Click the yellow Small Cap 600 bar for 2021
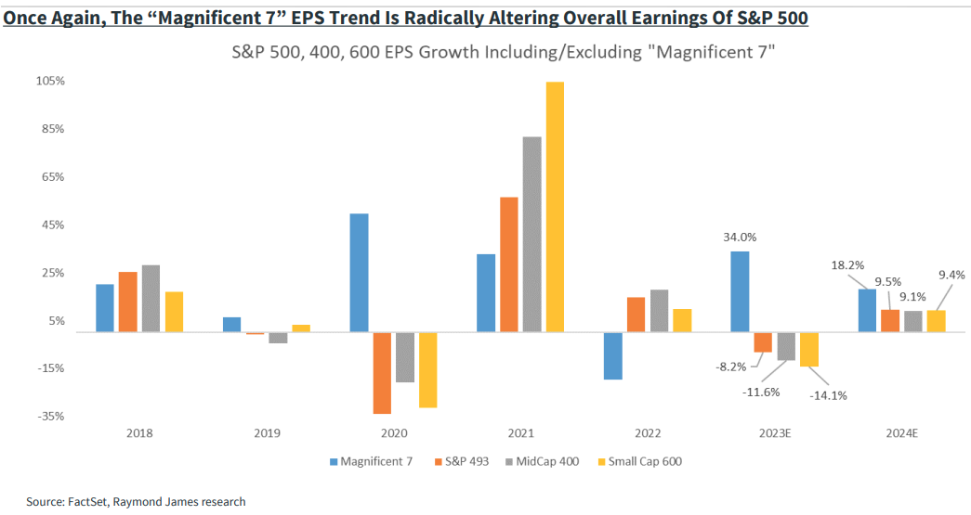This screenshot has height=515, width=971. [x=555, y=206]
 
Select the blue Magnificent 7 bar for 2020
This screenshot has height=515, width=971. [x=359, y=272]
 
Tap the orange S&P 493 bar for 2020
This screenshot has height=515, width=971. [x=382, y=372]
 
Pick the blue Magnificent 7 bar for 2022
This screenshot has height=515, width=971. [x=612, y=355]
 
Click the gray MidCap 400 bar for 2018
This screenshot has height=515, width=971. [x=151, y=298]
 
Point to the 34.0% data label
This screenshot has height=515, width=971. [x=739, y=237]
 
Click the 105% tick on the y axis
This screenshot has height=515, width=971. [x=50, y=81]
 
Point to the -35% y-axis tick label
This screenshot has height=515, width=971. [x=50, y=417]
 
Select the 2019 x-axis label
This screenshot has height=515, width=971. [x=267, y=432]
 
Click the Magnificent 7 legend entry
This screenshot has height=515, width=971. [x=370, y=460]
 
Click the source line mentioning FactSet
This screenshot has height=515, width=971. [x=136, y=501]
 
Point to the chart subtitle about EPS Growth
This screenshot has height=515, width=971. [x=503, y=54]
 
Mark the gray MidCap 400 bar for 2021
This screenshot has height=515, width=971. [x=531, y=234]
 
